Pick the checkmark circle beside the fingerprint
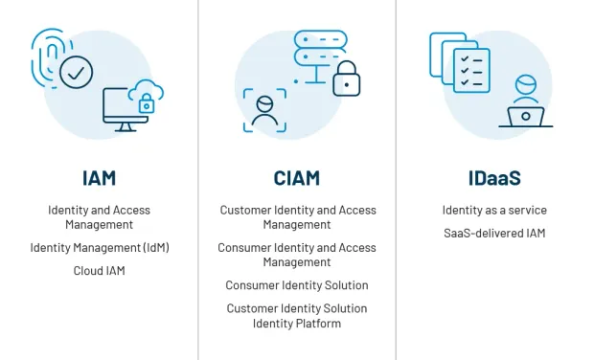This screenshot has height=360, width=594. (x=76, y=73)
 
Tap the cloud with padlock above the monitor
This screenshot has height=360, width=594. (x=146, y=96)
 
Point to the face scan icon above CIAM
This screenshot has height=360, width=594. (x=263, y=110)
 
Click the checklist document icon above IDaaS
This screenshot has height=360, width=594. (x=470, y=68)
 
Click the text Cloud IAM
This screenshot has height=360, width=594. (x=99, y=271)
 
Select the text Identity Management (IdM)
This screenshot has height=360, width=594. (x=99, y=248)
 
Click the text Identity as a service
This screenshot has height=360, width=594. (x=493, y=210)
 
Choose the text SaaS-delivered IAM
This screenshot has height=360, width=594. (x=493, y=233)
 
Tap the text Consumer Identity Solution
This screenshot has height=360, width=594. (x=296, y=285)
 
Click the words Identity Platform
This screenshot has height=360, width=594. (x=296, y=323)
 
